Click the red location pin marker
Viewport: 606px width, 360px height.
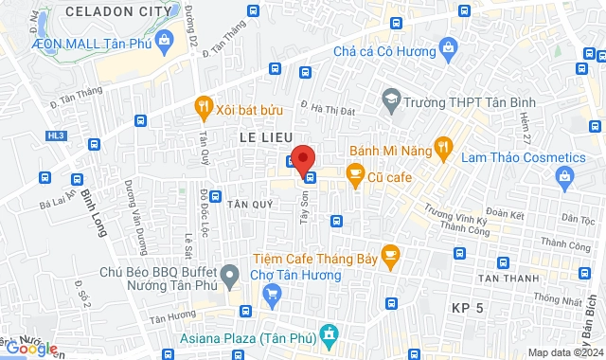[x=303, y=158]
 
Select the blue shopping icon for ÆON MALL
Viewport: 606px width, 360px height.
[x=165, y=41]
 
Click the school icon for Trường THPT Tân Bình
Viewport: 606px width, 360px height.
[x=390, y=98]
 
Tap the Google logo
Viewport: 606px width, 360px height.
[x=31, y=349]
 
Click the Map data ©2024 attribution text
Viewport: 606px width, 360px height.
[x=564, y=352]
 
